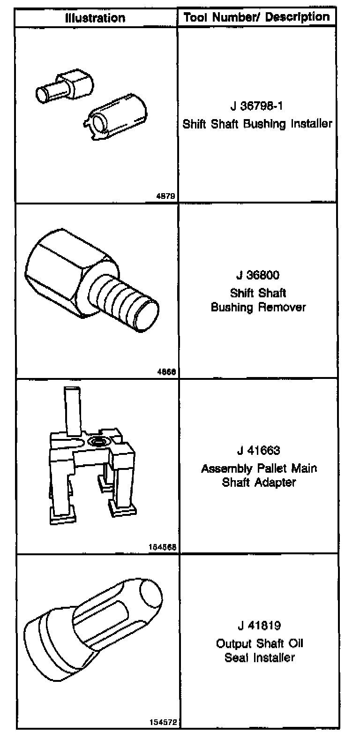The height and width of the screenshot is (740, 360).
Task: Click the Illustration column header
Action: [x=95, y=18]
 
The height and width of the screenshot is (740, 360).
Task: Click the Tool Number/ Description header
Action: [x=257, y=17]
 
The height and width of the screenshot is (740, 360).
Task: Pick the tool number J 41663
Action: [x=258, y=451]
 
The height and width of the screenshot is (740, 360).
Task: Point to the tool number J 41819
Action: [x=259, y=626]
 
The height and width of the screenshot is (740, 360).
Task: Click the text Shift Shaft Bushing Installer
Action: [x=257, y=124]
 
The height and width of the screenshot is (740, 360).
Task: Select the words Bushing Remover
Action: [x=258, y=308]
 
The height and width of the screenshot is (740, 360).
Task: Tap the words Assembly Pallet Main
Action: [x=259, y=468]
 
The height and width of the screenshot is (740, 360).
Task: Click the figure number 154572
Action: [x=163, y=723]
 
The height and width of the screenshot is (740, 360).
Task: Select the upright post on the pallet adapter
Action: [x=73, y=410]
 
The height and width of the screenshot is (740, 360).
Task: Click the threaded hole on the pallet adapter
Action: [x=98, y=440]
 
